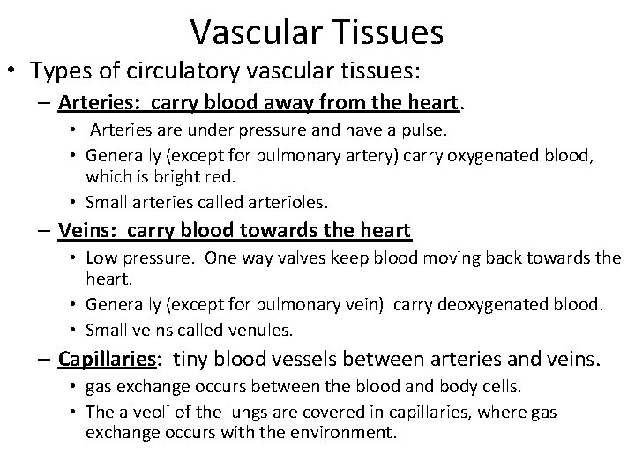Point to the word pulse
(427, 131)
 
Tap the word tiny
(190, 359)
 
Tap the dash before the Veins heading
(45, 231)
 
